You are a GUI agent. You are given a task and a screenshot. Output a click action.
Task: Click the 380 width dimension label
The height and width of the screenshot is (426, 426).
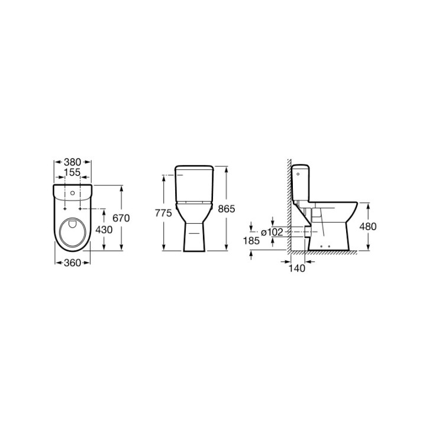(x=72, y=162)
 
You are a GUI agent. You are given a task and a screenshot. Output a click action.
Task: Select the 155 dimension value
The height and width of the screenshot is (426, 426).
(x=72, y=172)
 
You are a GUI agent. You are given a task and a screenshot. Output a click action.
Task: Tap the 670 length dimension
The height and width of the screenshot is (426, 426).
(x=121, y=218)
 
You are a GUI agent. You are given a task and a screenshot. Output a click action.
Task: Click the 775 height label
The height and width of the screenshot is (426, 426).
(x=164, y=212)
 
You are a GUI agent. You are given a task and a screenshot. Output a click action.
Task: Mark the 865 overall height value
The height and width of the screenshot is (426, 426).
(x=227, y=209)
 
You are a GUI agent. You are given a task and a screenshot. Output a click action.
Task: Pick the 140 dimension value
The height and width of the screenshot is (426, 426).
(x=297, y=268)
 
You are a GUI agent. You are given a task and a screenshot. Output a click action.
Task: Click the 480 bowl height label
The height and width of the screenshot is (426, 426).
(x=367, y=226)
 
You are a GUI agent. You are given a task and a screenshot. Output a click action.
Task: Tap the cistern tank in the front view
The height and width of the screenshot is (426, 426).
(x=195, y=180)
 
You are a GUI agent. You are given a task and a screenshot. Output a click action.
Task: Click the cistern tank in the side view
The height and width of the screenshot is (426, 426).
(x=303, y=182)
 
